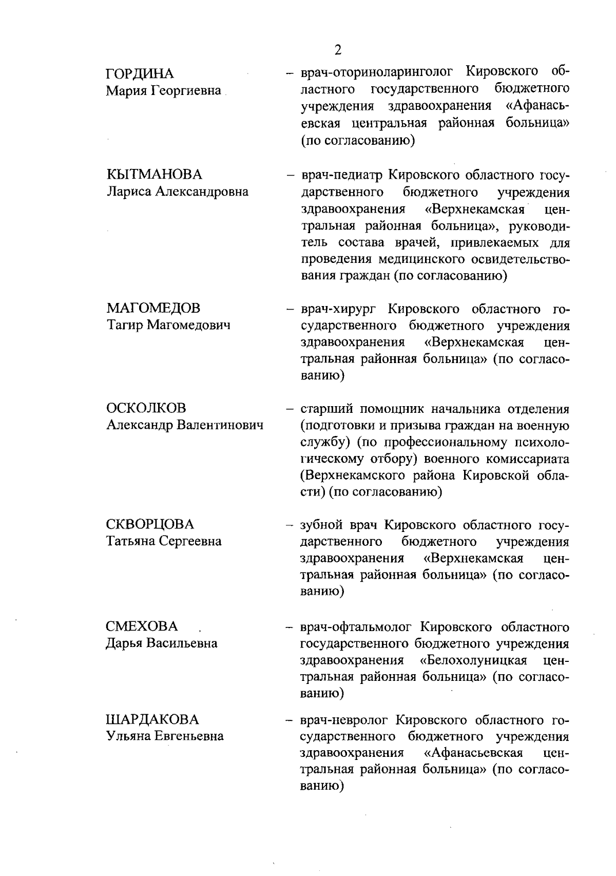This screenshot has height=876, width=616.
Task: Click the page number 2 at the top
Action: (x=337, y=50)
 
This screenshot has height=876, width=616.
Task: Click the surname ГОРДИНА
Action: (x=140, y=74)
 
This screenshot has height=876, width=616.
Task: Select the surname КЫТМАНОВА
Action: (x=154, y=175)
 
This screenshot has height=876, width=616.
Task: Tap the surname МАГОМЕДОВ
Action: (x=153, y=308)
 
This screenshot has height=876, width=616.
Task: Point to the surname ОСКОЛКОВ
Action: (x=146, y=408)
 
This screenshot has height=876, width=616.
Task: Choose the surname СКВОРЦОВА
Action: (x=150, y=524)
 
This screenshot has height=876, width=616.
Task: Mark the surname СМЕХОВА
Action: (x=142, y=626)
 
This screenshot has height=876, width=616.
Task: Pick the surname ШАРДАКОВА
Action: (x=152, y=719)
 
